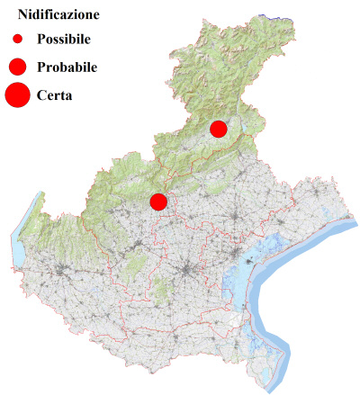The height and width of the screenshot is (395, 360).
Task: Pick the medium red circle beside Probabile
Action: (x=17, y=67)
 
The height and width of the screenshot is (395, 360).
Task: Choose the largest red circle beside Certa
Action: (x=17, y=94)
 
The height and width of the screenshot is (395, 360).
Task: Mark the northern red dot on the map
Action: (x=218, y=129)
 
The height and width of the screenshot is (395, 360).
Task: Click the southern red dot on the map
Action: (x=158, y=202)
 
